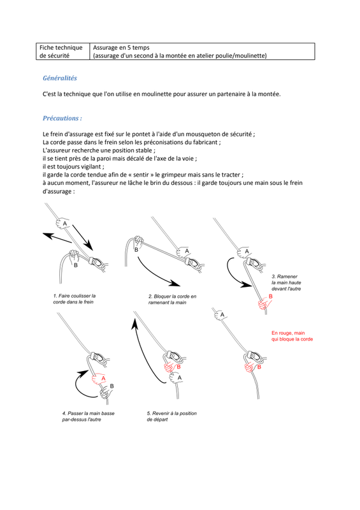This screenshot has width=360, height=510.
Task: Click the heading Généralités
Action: [60, 78]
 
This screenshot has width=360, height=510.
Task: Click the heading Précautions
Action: [62, 118]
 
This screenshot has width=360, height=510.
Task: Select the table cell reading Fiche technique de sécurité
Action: [62, 52]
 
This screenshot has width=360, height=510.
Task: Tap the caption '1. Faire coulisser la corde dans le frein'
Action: [74, 299]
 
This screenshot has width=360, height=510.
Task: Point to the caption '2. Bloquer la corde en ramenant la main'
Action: [173, 299]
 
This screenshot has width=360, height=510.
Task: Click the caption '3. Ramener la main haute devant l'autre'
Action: [286, 282]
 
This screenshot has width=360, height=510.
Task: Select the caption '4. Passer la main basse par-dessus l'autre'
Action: [88, 416]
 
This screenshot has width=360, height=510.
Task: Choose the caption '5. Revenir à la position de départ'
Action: [171, 416]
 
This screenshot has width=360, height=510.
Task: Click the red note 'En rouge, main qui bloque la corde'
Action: [292, 336]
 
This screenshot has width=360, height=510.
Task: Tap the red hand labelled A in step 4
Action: [99, 379]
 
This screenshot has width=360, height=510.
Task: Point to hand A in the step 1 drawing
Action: [64, 223]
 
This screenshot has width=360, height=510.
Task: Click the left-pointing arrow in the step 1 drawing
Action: [57, 238]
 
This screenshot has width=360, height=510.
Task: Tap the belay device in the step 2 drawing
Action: [194, 263]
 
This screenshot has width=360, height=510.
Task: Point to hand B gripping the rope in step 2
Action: [138, 242]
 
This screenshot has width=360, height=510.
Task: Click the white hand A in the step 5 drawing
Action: [176, 377]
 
